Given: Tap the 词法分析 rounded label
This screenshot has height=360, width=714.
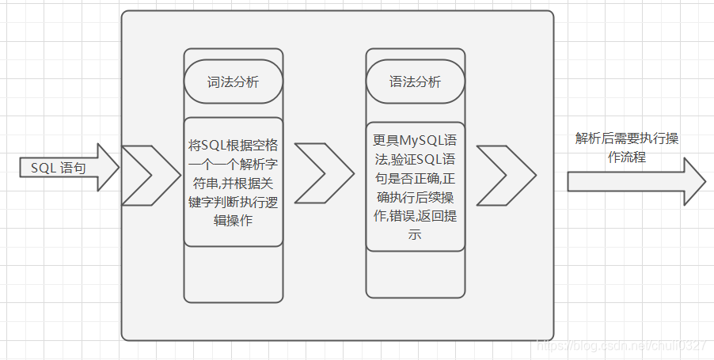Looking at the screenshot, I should pos(233,82).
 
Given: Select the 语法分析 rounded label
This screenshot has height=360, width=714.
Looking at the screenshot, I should pos(415,82).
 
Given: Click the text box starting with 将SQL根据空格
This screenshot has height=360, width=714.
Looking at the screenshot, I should pos(233,183).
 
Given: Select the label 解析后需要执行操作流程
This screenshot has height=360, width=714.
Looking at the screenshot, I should pos(626,147).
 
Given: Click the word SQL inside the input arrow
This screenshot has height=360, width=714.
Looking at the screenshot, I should pos(44,168).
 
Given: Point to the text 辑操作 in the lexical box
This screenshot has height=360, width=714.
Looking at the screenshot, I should pos(233,222).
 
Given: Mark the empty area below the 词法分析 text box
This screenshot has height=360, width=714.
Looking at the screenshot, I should pos(233,273).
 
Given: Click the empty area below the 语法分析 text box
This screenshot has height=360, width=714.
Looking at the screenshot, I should pos(415,273).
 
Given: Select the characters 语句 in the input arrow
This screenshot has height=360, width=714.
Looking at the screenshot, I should pos(73,168).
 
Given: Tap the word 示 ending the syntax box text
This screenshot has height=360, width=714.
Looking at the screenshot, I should pos(415,235).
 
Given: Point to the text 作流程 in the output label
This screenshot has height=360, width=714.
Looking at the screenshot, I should pos(626,157).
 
